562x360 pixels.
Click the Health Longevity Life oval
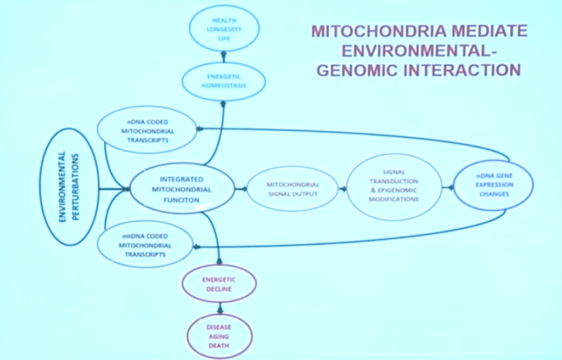point(224,29)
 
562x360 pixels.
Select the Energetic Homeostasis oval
point(224,81)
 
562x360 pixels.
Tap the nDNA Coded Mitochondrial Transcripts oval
point(147,130)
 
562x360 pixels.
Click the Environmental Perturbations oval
point(69,187)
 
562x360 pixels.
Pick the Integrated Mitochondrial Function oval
point(182,189)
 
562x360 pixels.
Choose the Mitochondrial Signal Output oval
point(293,189)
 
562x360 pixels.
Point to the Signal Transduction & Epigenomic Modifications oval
point(394,186)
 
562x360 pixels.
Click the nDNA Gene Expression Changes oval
point(493,185)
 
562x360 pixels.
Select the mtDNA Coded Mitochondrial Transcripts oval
point(145,245)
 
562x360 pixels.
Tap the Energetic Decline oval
point(219,284)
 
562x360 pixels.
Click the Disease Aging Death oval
point(219,336)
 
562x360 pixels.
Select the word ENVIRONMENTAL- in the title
point(419,50)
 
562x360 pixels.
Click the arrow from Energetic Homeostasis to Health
point(224,57)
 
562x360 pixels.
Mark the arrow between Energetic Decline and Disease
point(220,308)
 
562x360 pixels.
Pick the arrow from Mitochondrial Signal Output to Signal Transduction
point(342,189)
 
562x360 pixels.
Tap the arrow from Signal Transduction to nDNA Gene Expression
point(448,187)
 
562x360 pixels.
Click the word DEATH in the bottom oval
point(218,346)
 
